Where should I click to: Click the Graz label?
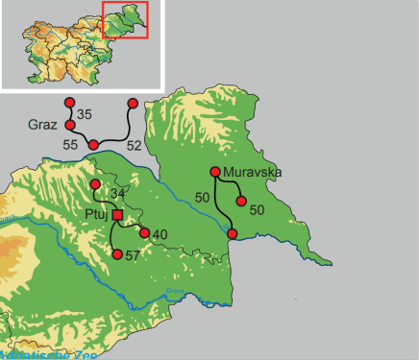click(x=42, y=125)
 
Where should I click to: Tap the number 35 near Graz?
click(x=85, y=115)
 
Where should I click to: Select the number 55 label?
click(x=70, y=144)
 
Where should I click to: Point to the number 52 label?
click(x=134, y=145)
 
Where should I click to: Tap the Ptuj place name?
click(x=97, y=214)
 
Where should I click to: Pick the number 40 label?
click(x=160, y=234)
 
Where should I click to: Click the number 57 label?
click(x=133, y=255)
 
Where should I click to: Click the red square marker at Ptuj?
click(x=117, y=215)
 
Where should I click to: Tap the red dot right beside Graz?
click(x=69, y=125)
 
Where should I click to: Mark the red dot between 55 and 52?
click(x=93, y=145)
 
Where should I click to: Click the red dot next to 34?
click(x=95, y=184)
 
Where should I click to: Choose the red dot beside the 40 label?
click(x=144, y=233)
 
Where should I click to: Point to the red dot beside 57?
click(x=117, y=254)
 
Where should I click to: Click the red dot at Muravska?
click(x=214, y=173)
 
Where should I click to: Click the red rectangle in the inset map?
click(x=125, y=21)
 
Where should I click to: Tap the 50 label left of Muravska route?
click(x=203, y=196)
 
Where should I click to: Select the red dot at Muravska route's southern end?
click(x=232, y=233)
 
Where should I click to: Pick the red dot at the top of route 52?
click(x=133, y=103)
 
